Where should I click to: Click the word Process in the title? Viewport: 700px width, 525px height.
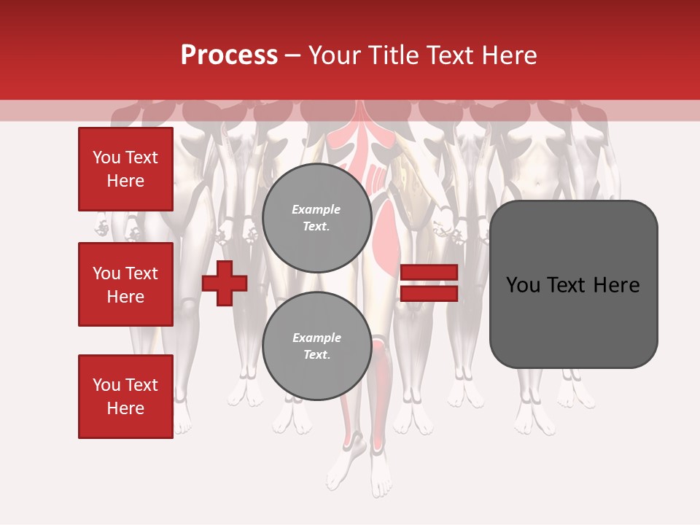click(x=229, y=55)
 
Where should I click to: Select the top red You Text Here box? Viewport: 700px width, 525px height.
click(x=125, y=169)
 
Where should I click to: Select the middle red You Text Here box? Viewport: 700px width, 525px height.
click(x=125, y=284)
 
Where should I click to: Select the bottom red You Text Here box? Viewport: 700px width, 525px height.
click(x=125, y=396)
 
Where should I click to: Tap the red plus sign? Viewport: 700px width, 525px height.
click(x=225, y=283)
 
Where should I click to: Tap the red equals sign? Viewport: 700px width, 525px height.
click(x=429, y=283)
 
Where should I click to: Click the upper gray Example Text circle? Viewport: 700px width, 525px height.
click(x=316, y=218)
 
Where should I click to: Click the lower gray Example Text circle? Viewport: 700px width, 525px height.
click(x=316, y=346)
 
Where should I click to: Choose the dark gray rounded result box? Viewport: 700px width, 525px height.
click(x=573, y=284)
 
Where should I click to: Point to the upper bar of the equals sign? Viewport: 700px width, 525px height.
click(x=429, y=273)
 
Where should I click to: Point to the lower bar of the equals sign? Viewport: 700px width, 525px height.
click(x=429, y=293)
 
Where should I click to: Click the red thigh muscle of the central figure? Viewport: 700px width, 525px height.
click(x=384, y=233)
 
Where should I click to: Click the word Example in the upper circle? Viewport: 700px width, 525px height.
click(x=316, y=210)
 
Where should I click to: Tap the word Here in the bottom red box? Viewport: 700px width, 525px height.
click(x=125, y=408)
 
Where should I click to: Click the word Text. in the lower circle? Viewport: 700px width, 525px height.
click(x=316, y=355)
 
